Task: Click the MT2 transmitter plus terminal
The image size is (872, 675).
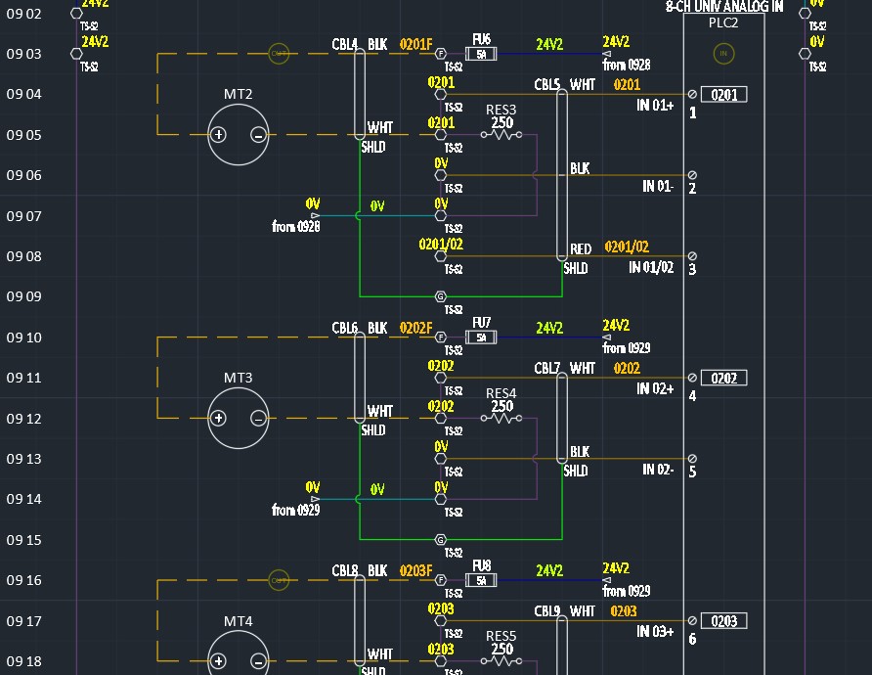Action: pos(220,135)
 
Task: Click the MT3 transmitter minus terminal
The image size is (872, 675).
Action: pos(258,418)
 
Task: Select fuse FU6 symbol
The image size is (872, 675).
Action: pos(481,54)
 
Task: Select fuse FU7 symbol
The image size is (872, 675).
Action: pos(481,337)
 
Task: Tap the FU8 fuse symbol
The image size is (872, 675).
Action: pos(481,580)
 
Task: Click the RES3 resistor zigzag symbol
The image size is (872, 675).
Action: pos(501,135)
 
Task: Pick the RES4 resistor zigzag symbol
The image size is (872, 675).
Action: pos(501,418)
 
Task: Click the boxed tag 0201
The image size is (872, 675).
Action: pos(724,95)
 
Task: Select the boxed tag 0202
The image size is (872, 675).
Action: pos(724,378)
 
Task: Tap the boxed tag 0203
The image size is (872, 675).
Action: pos(724,621)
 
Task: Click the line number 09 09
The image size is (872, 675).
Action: pos(24,296)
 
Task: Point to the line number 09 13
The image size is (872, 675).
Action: pos(24,459)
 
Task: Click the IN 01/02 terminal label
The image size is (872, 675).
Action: pos(651,267)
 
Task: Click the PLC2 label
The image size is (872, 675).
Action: pos(723,22)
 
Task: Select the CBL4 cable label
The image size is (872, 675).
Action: pos(345,44)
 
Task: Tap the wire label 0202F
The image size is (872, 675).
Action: pos(415,328)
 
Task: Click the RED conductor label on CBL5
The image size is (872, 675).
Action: pos(581,249)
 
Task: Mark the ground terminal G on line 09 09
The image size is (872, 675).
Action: pos(440,296)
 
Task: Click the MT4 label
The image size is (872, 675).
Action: pos(239,621)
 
